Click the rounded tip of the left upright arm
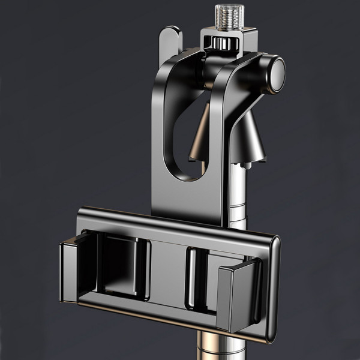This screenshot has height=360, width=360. pyautogui.click(x=171, y=36)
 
